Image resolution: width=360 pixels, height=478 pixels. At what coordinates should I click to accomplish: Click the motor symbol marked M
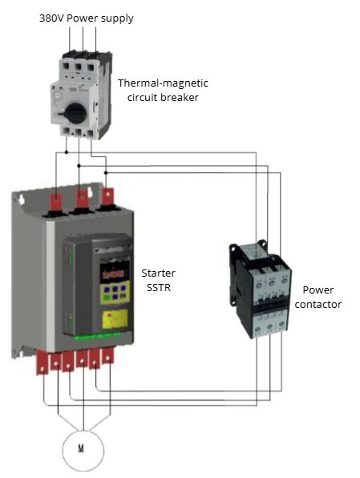click(83, 450)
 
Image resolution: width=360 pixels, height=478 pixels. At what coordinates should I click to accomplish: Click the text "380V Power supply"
click(87, 18)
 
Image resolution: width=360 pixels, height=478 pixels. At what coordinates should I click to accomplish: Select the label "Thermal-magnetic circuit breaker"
click(163, 91)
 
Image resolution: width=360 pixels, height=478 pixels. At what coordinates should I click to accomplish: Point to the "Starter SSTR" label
click(158, 280)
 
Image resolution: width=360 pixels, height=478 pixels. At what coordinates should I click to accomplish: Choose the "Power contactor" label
click(318, 298)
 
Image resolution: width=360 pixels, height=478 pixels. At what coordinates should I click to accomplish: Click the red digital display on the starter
click(115, 273)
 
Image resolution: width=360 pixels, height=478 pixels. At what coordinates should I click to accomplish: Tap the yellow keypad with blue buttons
click(115, 292)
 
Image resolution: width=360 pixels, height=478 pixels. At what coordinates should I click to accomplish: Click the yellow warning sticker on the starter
click(115, 319)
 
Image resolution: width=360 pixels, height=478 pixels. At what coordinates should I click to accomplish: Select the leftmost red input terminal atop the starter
click(56, 202)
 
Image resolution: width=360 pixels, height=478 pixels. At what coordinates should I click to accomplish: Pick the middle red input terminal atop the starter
click(82, 198)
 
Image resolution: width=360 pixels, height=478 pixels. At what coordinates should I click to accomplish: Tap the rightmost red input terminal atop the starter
click(107, 196)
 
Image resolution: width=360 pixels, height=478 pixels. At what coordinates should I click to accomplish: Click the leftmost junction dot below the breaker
click(67, 152)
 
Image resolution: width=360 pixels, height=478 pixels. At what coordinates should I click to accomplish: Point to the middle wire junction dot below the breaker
click(79, 166)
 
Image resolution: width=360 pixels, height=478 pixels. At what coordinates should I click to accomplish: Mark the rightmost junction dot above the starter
click(106, 172)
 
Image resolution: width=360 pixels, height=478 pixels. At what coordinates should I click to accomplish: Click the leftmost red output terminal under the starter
click(42, 363)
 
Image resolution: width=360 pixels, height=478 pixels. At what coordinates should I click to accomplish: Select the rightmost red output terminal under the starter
click(107, 355)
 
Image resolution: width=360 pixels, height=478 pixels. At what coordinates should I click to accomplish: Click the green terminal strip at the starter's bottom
click(97, 336)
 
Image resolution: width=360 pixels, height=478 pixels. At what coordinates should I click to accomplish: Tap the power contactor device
click(260, 289)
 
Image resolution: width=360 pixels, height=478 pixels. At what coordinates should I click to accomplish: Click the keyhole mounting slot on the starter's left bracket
click(22, 200)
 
